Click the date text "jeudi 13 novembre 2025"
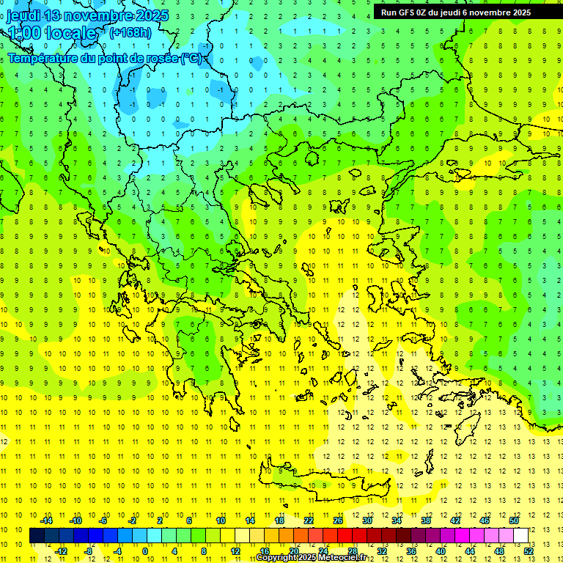pyautogui.click(x=87, y=15)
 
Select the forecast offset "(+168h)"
pyautogui.click(x=130, y=32)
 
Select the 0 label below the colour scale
pyautogui.click(x=145, y=551)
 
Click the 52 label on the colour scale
pyautogui.click(x=529, y=551)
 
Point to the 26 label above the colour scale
pyautogui.click(x=338, y=520)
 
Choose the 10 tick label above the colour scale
pyautogui.click(x=220, y=520)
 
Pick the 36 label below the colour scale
pyautogui.click(x=411, y=551)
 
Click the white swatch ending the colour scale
pyautogui.click(x=521, y=536)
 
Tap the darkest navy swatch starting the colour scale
pyautogui.click(x=37, y=536)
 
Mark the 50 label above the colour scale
pyautogui.click(x=514, y=520)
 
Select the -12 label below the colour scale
pyautogui.click(x=61, y=551)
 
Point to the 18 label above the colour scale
pyautogui.click(x=279, y=520)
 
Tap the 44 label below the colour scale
pyautogui.click(x=470, y=551)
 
